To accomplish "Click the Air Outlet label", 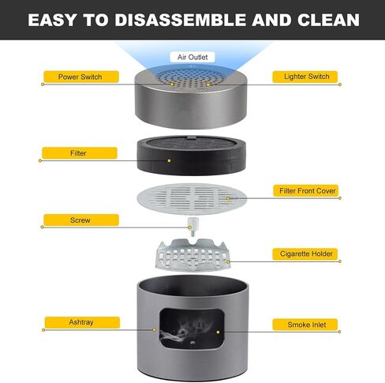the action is [x=192, y=57].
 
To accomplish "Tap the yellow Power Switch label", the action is [x=81, y=77].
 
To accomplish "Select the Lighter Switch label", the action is [x=305, y=77].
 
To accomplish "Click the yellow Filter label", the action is [x=80, y=153].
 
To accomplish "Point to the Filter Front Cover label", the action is [x=305, y=190].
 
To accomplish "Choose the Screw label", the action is [x=81, y=220].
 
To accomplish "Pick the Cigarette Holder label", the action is [x=305, y=254].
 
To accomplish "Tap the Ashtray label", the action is [x=82, y=322].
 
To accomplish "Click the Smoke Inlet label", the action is [x=305, y=325].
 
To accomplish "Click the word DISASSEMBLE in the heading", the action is [x=181, y=20].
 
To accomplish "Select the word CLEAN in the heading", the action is [x=328, y=20].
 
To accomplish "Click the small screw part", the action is [x=191, y=227].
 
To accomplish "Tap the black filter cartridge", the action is [x=192, y=156].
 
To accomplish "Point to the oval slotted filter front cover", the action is [x=192, y=199].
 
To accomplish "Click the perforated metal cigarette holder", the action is [x=193, y=255].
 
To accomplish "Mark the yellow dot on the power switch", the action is [x=173, y=84].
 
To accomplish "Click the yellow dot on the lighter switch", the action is [x=208, y=84].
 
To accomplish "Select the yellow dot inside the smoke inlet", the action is [x=218, y=332].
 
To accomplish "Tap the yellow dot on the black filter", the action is [x=169, y=160].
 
